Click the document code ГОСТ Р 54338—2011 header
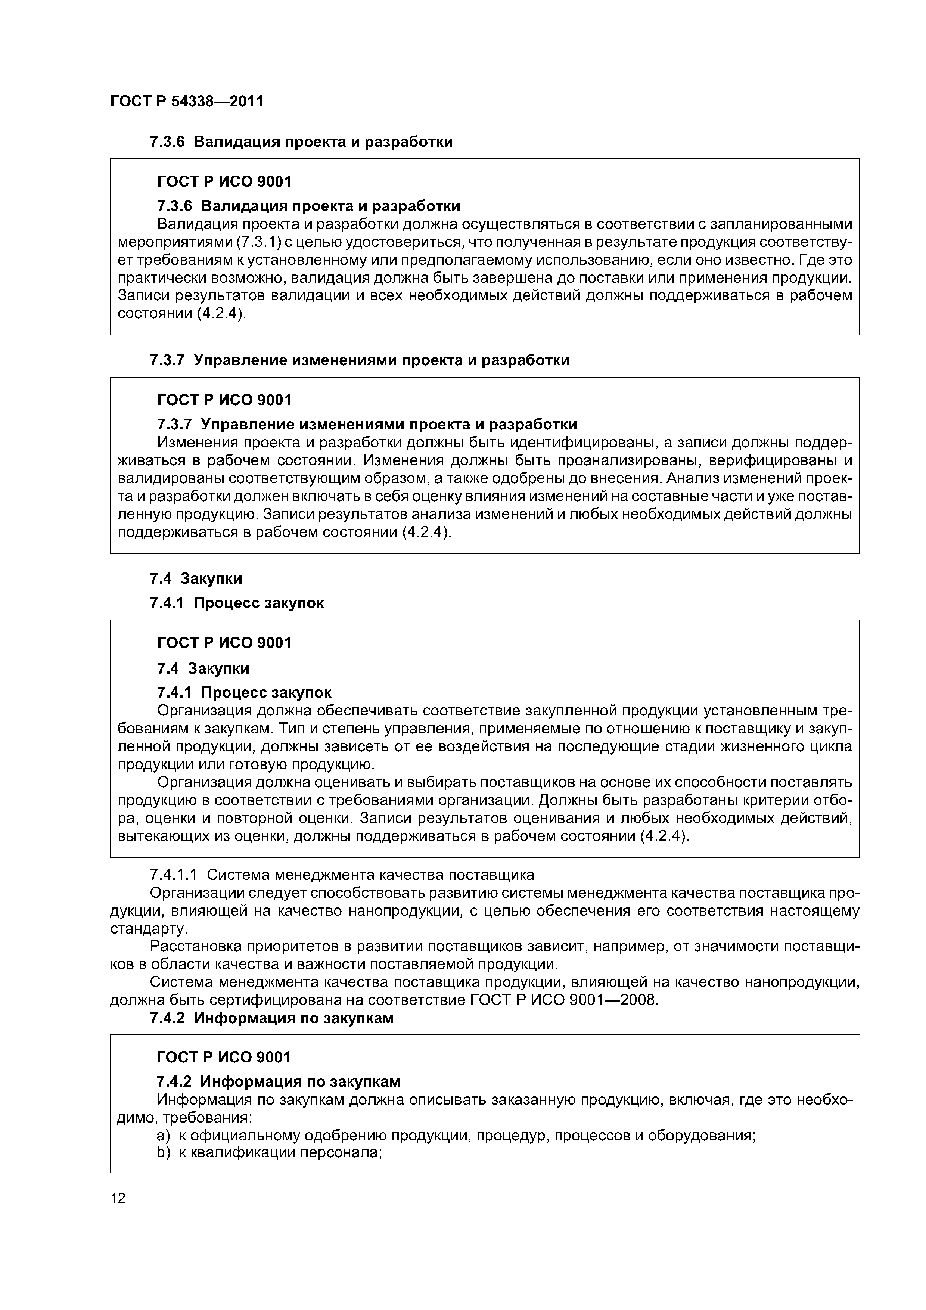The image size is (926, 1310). point(187,102)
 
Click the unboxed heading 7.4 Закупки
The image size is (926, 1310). point(196,578)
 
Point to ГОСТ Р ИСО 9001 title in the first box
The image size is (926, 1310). point(224,181)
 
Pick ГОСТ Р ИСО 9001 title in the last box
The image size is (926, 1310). point(224,1057)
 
